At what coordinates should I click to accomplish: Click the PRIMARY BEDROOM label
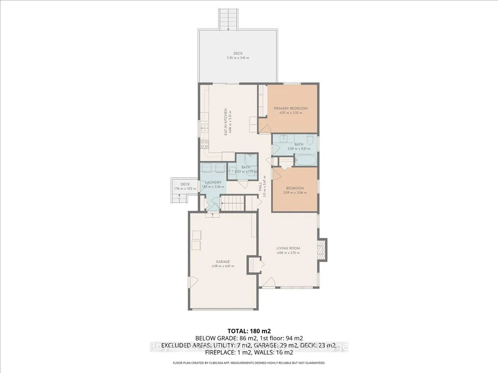tap(290, 109)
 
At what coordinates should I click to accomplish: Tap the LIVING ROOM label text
tap(288, 249)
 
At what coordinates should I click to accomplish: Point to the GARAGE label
tap(223, 262)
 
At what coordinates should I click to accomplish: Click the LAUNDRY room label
tap(213, 182)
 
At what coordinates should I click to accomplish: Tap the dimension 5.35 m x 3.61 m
tap(238, 58)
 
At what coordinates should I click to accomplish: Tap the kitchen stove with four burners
tap(204, 144)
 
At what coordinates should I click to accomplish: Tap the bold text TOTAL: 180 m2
tap(249, 331)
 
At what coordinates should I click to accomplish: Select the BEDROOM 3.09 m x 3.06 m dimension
tap(295, 192)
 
